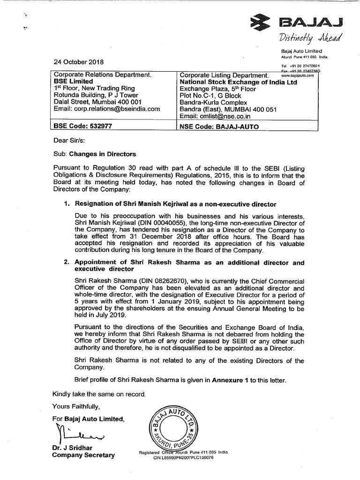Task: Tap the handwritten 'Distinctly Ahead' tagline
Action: coord(312,37)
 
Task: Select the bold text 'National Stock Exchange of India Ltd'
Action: coord(239,82)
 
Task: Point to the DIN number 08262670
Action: coord(159,279)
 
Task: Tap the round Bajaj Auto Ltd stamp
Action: coord(174,425)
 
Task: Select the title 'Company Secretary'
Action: coord(83,455)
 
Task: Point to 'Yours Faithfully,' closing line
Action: coord(76,405)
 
